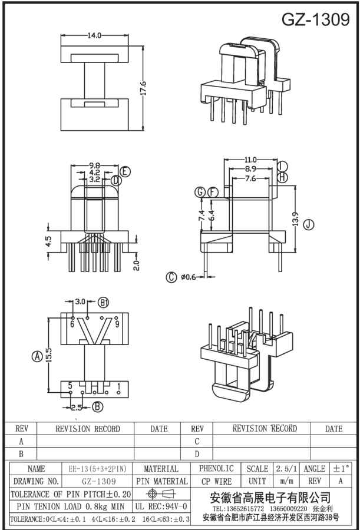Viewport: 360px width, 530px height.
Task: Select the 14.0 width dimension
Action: click(94, 35)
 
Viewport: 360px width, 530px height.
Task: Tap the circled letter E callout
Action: click(125, 172)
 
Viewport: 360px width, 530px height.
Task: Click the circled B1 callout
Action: click(104, 302)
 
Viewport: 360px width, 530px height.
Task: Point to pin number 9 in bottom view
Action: click(117, 323)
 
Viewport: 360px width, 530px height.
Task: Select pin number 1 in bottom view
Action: click(119, 387)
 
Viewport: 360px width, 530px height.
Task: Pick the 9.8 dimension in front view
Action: click(94, 165)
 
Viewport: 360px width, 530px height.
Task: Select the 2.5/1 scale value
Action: click(286, 469)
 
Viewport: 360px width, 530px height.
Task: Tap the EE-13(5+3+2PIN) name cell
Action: click(91, 469)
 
